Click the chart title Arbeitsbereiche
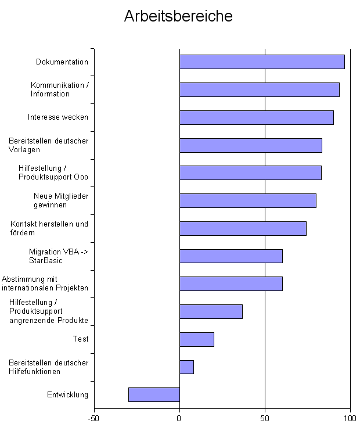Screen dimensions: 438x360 pos(178,16)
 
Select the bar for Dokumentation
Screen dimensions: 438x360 pos(262,62)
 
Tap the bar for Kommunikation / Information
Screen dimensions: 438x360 pos(259,89)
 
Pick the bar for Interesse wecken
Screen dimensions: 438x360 pos(256,117)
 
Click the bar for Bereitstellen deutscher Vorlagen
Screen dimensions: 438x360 pos(250,145)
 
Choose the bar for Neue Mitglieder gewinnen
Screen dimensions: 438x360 pos(247,200)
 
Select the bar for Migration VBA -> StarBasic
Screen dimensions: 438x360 pos(231,256)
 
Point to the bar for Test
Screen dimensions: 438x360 pos(196,339)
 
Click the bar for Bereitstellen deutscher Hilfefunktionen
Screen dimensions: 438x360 pos(186,367)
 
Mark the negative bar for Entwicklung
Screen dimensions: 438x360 pos(154,394)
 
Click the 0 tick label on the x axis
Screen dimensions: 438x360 pos(179,418)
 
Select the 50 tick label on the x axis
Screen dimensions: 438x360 pos(265,418)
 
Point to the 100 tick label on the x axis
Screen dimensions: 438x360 pos(350,418)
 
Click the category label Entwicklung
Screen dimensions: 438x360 pos(67,395)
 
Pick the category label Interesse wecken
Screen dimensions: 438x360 pos(58,117)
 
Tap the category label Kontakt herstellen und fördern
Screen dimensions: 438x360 pos(49,228)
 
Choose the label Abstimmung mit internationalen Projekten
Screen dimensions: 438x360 pos(45,283)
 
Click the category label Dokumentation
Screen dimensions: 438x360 pos(62,62)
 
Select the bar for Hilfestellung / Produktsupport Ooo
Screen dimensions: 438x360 pos(250,173)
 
